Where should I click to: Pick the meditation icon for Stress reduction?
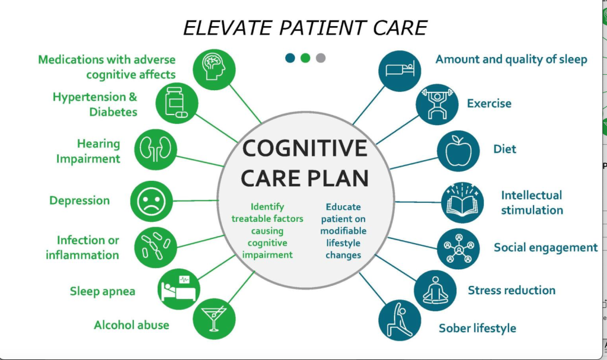pos(435,291)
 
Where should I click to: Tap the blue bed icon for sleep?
pos(400,69)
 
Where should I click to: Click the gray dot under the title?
pos(321,58)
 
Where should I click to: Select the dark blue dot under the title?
pos(290,58)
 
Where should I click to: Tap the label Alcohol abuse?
pos(132,325)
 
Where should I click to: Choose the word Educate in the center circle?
pos(343,208)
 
